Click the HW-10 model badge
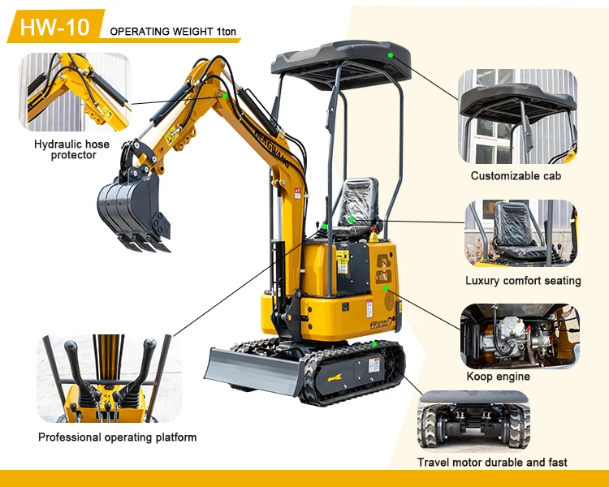point(54,27)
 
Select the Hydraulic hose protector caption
point(73,149)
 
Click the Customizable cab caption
point(516,175)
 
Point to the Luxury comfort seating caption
point(523,281)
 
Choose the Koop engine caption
point(498,377)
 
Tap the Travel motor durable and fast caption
point(492,462)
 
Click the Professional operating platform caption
point(118,437)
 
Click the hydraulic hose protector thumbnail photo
point(75,92)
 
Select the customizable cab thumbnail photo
point(517,117)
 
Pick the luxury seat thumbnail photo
point(520,234)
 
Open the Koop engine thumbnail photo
point(520,336)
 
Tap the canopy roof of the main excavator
point(341,61)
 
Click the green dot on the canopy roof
point(391,55)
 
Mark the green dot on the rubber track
point(374,344)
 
